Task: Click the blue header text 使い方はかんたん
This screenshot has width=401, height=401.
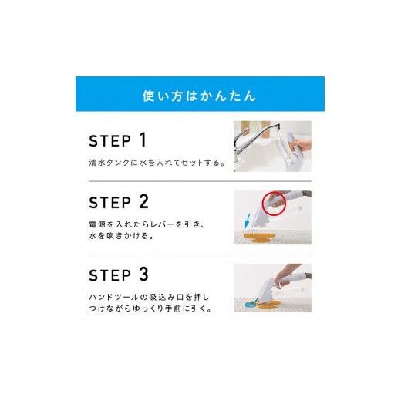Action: tap(200, 96)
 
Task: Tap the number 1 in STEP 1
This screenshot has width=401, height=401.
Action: tap(143, 140)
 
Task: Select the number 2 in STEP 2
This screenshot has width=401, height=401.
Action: tap(144, 201)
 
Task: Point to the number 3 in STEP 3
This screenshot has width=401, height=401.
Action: tap(144, 274)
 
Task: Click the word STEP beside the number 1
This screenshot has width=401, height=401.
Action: tap(110, 141)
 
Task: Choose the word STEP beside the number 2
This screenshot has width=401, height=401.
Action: tap(110, 203)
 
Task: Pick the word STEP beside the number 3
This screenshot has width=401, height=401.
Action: tap(110, 275)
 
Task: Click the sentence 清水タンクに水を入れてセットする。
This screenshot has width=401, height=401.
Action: tap(157, 163)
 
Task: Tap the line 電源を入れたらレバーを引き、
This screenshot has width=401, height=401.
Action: tap(147, 224)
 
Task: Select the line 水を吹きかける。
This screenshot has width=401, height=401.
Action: tap(121, 235)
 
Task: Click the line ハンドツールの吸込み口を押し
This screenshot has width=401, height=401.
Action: tap(149, 297)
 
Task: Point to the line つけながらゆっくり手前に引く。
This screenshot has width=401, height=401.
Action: tap(150, 308)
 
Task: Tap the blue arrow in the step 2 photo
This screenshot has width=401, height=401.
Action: tap(248, 220)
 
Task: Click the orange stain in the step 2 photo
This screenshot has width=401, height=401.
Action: tap(259, 238)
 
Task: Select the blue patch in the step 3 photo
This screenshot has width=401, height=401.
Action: tap(250, 305)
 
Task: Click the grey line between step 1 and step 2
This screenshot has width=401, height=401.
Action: tap(200, 181)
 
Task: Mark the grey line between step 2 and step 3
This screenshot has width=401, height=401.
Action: tap(200, 254)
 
